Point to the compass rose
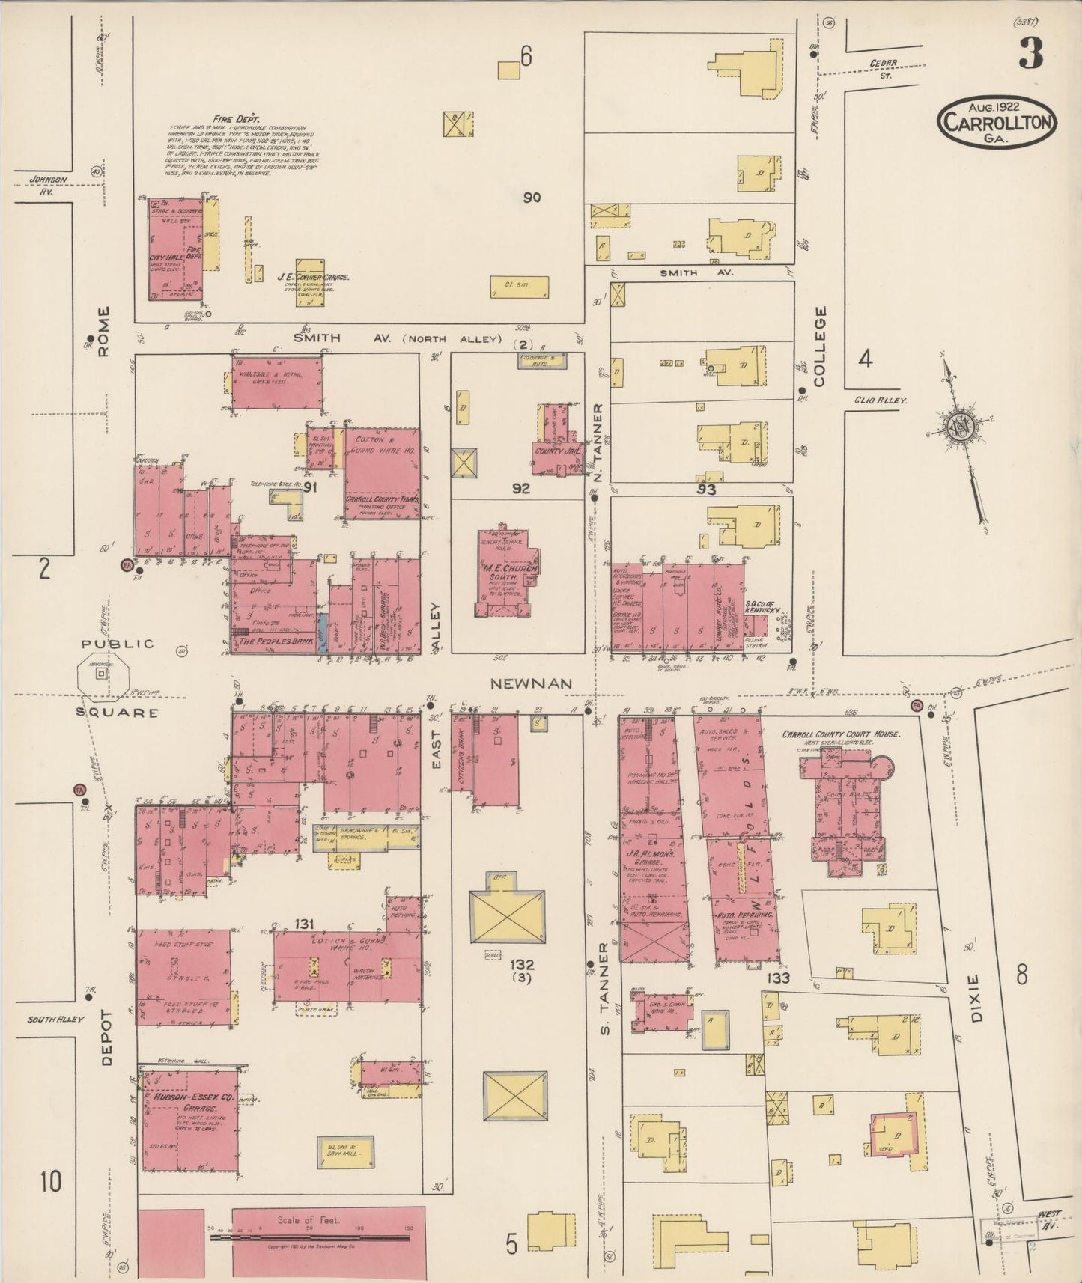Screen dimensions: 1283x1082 [958, 427]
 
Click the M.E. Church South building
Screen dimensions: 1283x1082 [508, 573]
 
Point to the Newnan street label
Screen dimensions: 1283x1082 [532, 683]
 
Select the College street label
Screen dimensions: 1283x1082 [819, 346]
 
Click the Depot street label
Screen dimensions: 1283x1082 [106, 1036]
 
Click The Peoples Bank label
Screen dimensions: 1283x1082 [271, 642]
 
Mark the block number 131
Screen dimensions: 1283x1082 [303, 922]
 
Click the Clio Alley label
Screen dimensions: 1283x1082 [881, 400]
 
